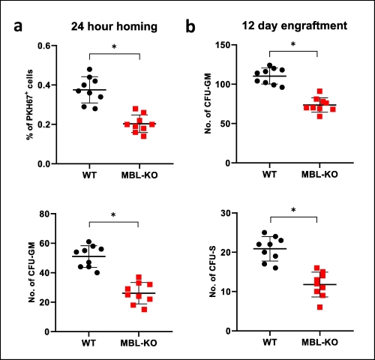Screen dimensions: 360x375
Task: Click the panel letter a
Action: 20,28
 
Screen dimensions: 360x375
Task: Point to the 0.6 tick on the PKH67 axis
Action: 50,46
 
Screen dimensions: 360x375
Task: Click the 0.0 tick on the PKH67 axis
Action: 50,163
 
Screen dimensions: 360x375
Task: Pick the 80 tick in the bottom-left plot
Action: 52,214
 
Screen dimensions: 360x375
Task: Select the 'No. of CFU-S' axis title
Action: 202,272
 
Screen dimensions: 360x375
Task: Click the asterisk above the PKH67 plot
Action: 115,48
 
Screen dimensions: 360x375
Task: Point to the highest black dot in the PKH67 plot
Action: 90,70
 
